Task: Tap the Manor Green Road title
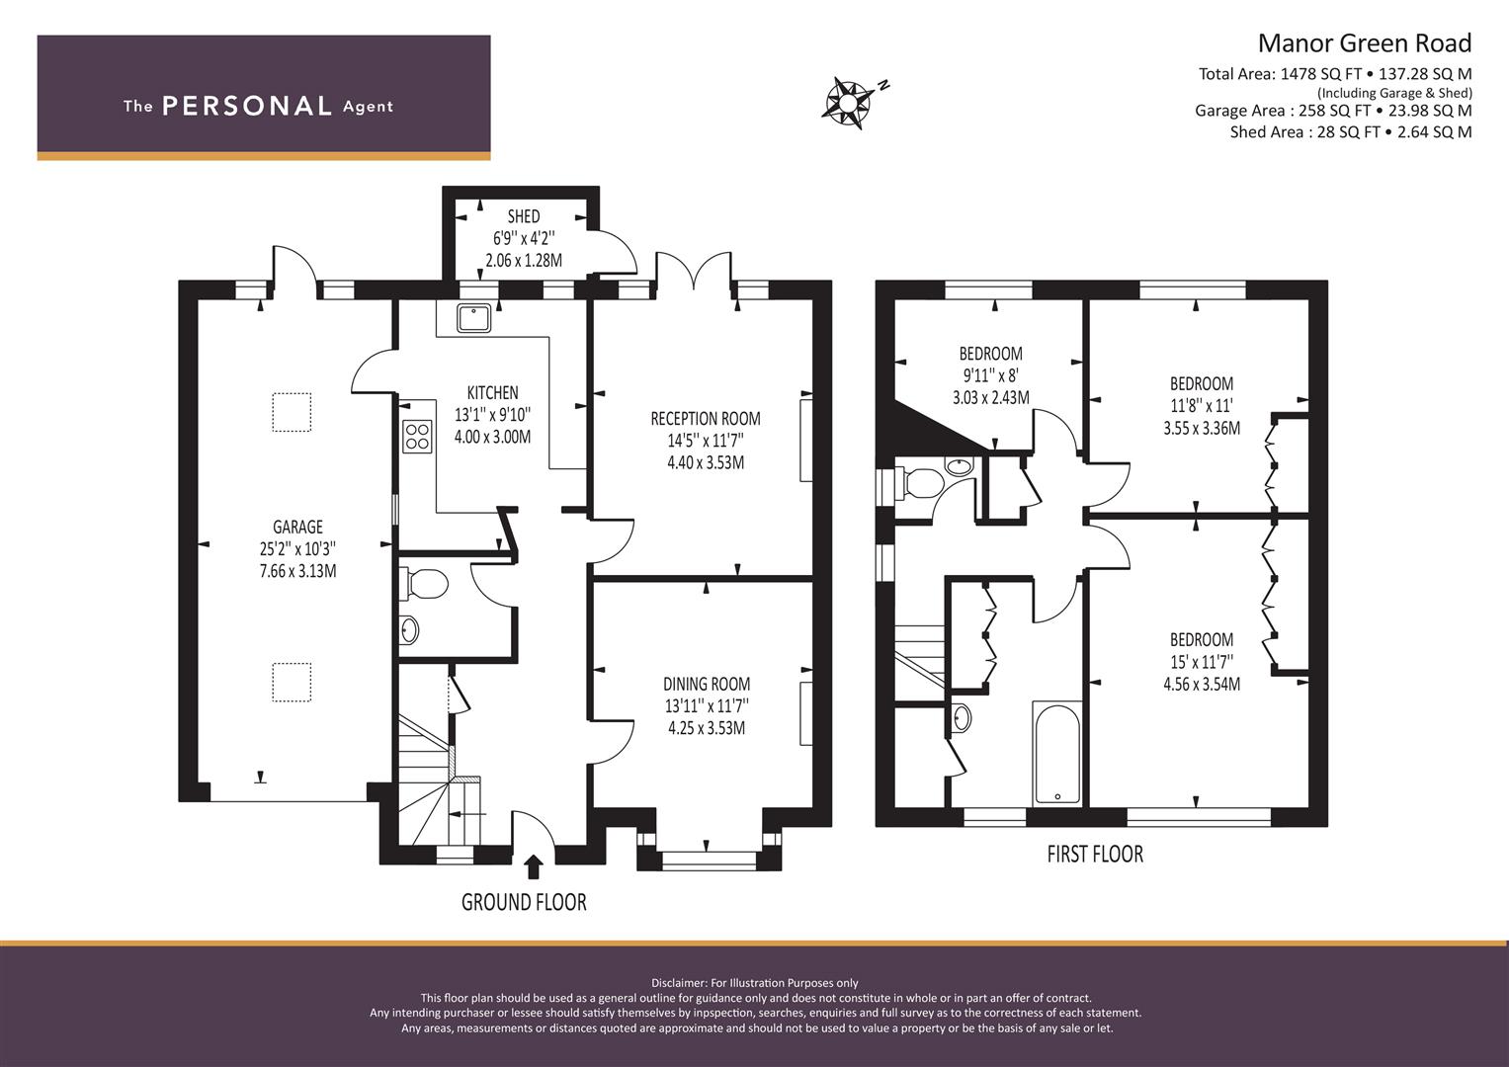coord(1364,43)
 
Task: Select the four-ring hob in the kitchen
coord(417,437)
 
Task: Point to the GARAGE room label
coord(297,528)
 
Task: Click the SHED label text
coord(524,216)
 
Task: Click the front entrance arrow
coord(534,866)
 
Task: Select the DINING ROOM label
coord(706,684)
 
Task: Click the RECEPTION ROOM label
coord(705,419)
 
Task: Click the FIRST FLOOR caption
coord(1095,854)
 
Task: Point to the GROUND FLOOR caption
coord(524,902)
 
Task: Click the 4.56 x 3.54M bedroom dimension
coord(1201,684)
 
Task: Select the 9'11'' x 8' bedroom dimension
coord(990,375)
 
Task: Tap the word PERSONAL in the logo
coord(246,107)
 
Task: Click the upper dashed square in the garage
coord(292,413)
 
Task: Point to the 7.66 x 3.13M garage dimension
coord(297,571)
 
